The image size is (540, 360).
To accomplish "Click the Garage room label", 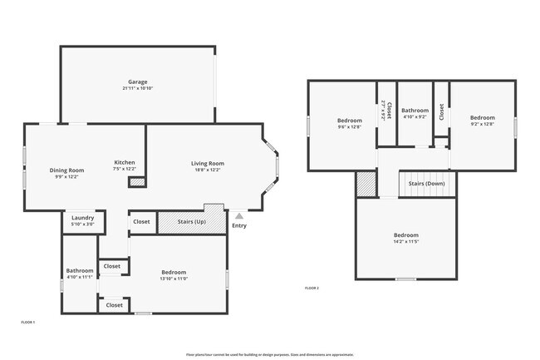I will [x=138, y=82].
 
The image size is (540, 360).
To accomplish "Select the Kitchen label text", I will [x=124, y=162].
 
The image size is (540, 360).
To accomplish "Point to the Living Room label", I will [x=207, y=163].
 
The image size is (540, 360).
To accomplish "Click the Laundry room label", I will [x=82, y=218].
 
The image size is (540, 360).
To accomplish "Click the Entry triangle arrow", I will [x=239, y=215].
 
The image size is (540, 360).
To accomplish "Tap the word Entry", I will [x=239, y=225].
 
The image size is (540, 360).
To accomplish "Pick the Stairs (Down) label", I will [x=427, y=184].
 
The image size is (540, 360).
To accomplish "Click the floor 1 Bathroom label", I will [x=80, y=270].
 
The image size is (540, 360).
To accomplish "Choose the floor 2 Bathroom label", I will [x=415, y=111].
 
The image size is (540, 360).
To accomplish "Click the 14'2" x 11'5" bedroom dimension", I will [x=406, y=243].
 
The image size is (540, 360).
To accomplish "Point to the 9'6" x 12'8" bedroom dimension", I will [x=349, y=127].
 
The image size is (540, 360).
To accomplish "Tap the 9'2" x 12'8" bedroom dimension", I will [x=482, y=124].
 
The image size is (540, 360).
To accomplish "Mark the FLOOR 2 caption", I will [x=312, y=288].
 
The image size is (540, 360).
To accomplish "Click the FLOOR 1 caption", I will [x=28, y=322].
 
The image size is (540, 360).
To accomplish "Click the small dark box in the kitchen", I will [x=137, y=181].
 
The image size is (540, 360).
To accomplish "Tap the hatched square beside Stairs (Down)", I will [x=366, y=185].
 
